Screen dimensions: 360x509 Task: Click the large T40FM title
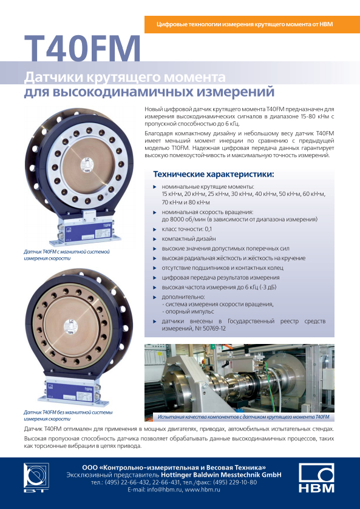coord(82,49)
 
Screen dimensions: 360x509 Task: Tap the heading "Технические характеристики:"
coord(214,174)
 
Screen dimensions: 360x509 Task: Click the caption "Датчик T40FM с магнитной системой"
coord(67,252)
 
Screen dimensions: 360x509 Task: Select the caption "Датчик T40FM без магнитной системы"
coord(68,413)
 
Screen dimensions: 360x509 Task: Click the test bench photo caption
coord(243,417)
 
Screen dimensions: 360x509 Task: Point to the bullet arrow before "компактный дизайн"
coord(155,239)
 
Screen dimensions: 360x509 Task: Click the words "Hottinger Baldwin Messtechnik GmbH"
coord(221,475)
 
